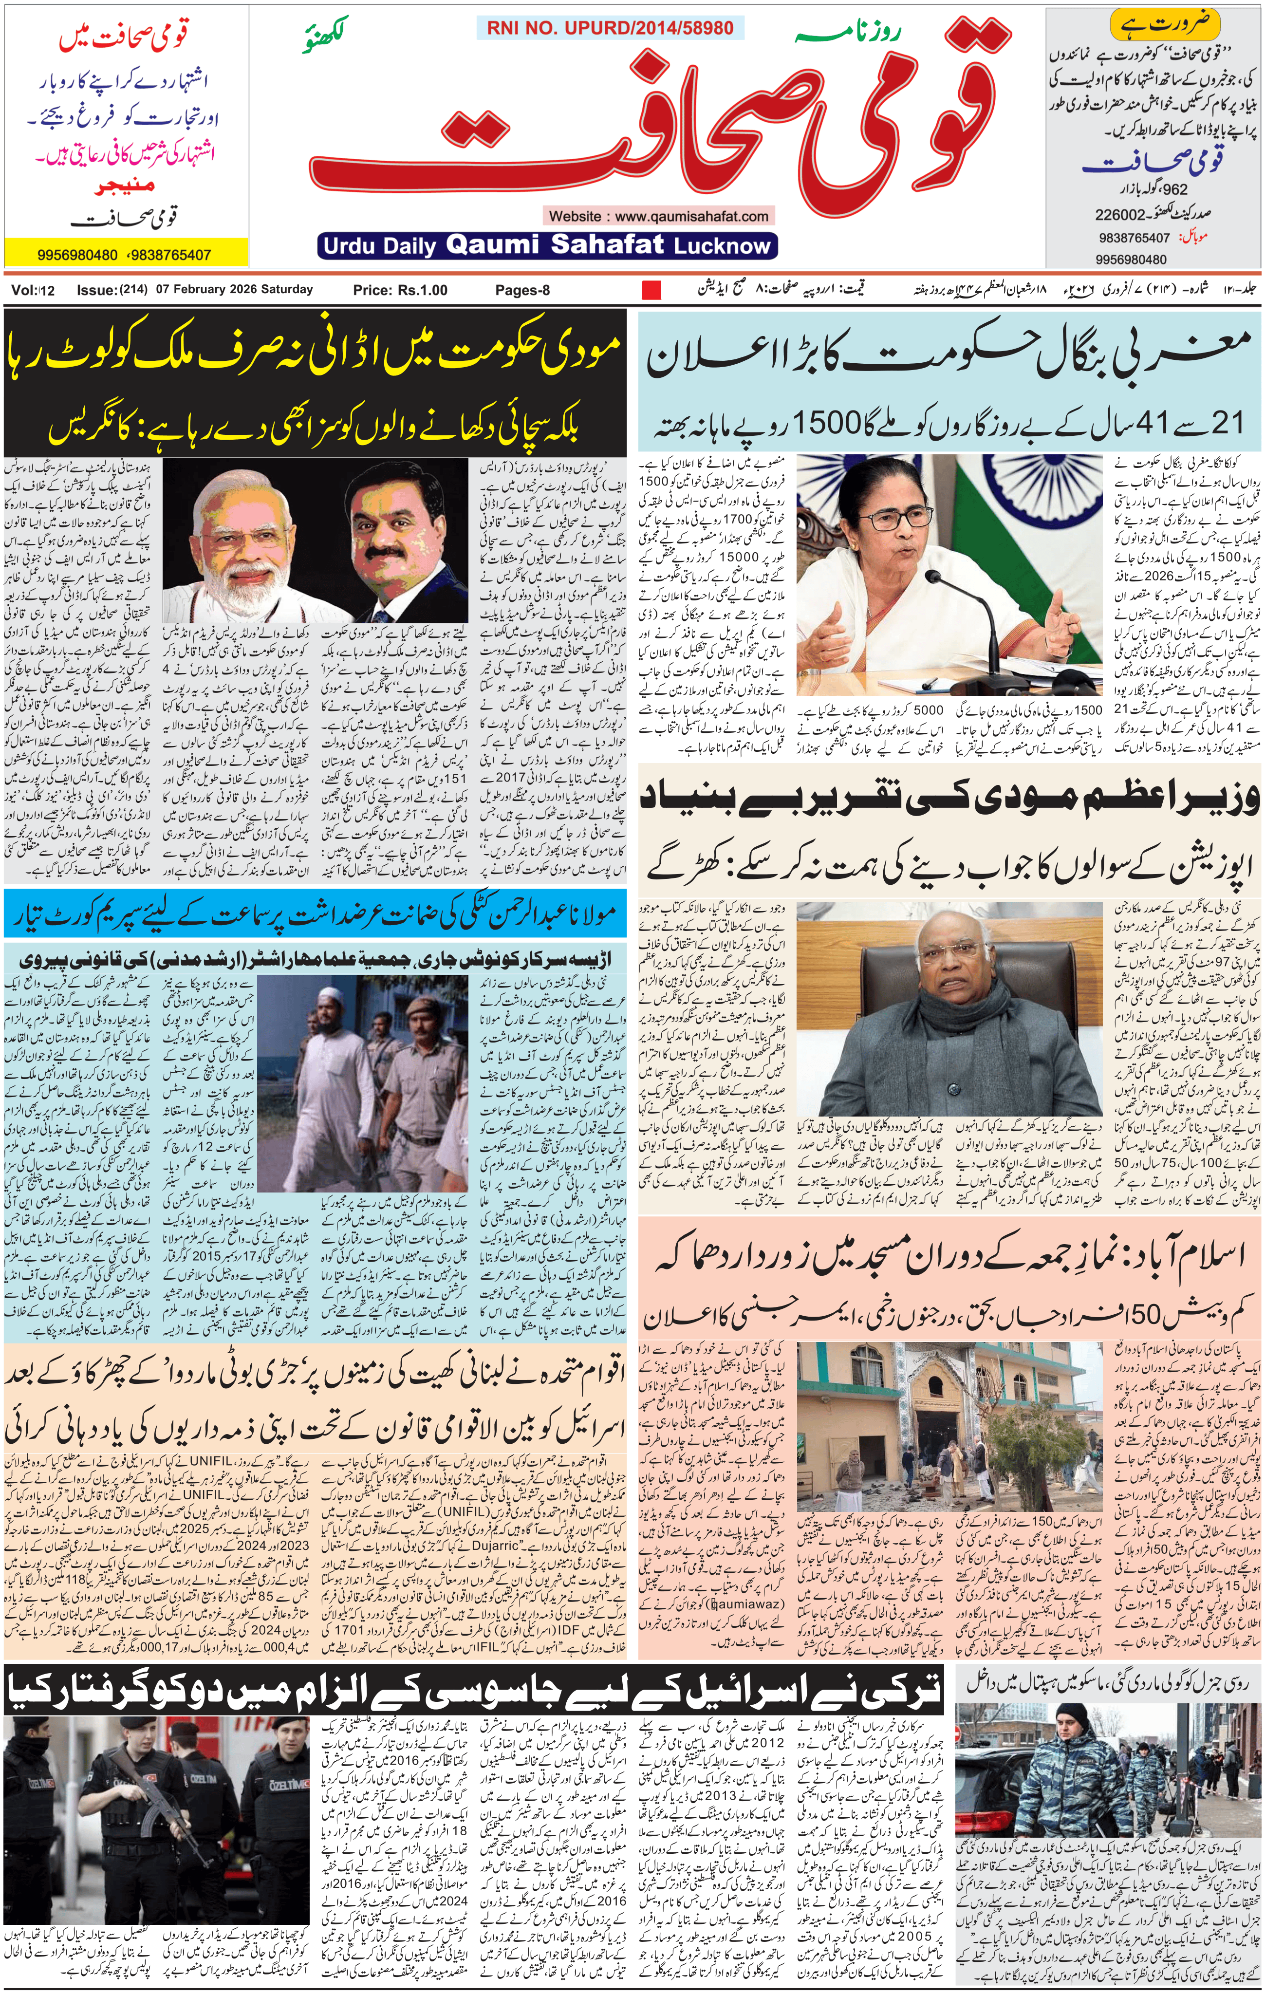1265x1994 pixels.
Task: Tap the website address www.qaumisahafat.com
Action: point(659,216)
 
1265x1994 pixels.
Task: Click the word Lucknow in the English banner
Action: point(722,246)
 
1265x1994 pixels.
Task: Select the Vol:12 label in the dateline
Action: point(33,290)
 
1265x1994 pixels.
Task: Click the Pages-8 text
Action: point(522,290)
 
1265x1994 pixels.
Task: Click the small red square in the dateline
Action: point(651,290)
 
